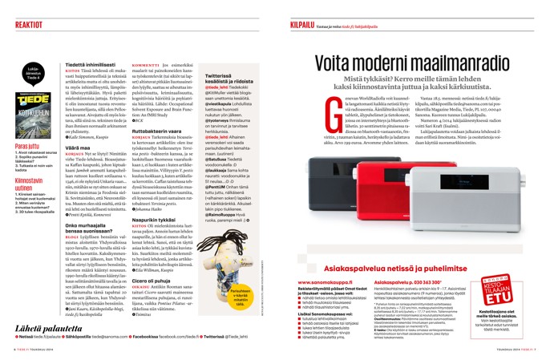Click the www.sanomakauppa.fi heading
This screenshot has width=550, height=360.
click(x=328, y=282)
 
